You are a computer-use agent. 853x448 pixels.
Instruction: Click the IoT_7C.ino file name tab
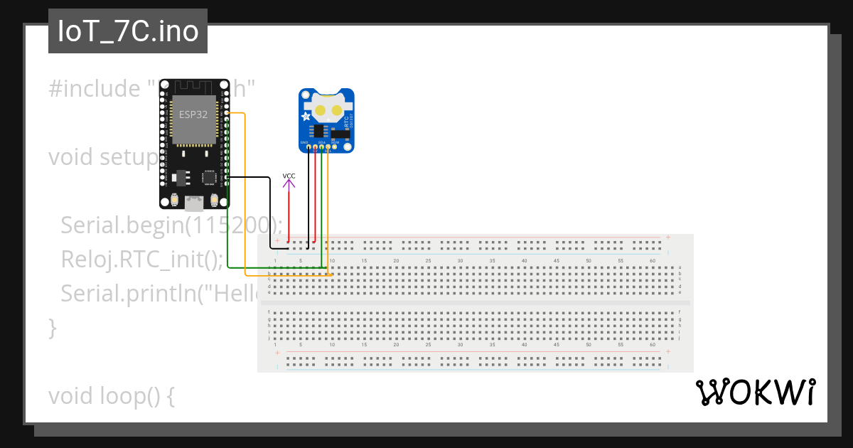(128, 32)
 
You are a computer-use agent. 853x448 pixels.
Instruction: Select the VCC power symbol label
(289, 176)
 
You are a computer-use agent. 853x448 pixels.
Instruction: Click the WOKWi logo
(755, 392)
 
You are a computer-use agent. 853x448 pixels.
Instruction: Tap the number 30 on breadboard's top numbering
(460, 261)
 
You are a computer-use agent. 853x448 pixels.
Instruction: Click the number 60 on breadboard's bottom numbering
(652, 345)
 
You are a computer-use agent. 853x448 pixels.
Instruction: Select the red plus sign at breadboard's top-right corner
(667, 237)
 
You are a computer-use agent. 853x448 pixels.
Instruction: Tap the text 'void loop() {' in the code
(112, 396)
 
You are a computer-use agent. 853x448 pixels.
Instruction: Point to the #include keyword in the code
(95, 89)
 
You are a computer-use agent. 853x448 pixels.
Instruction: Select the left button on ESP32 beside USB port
(174, 200)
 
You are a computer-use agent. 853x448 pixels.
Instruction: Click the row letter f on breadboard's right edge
(680, 311)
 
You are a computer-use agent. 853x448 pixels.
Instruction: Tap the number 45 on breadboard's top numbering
(556, 261)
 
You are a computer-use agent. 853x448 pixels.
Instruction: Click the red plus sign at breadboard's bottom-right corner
(667, 352)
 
